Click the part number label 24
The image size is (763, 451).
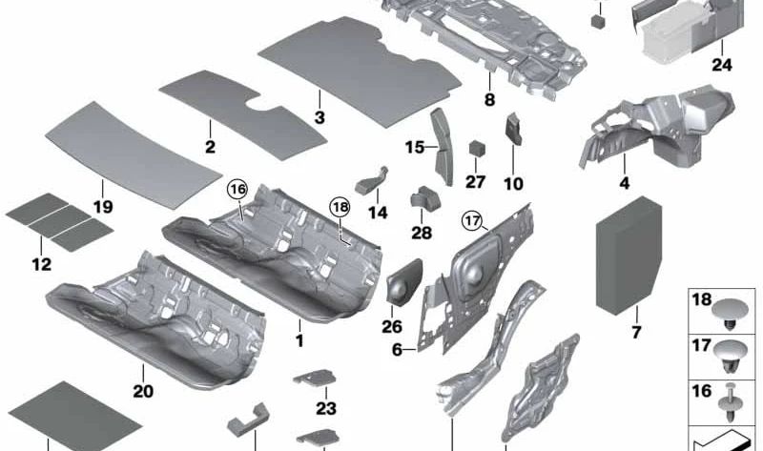pos(722,65)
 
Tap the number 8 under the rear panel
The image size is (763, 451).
pos(489,100)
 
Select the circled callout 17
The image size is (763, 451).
pos(472,221)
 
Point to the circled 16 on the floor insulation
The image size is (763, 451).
pos(237,190)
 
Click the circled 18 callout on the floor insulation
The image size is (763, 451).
pos(340,208)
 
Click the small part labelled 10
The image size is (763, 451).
pos(514,129)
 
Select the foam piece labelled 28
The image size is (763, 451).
pos(424,198)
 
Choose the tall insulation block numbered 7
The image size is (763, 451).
pos(629,256)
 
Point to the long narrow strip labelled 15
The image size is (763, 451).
pos(442,147)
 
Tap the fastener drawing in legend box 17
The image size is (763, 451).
pos(730,357)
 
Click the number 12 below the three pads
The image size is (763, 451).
pos(41,265)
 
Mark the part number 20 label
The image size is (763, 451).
pos(143,391)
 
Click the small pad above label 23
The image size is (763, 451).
pos(315,378)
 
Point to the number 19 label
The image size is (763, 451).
pos(103,207)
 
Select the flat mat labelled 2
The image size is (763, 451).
pos(243,114)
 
